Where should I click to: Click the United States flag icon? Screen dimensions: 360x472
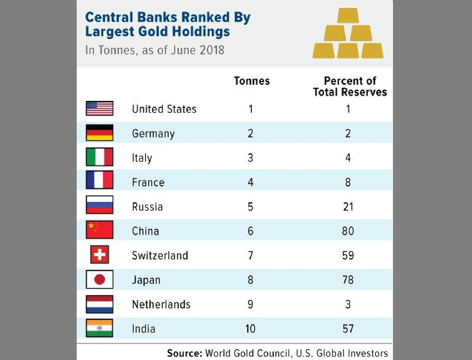click(99, 109)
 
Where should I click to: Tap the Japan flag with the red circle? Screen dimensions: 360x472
click(99, 280)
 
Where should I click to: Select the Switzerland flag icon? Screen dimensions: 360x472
click(99, 255)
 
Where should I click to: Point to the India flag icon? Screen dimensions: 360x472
click(99, 328)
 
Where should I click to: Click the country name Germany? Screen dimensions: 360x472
click(153, 133)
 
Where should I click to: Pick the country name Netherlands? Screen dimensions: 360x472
click(161, 305)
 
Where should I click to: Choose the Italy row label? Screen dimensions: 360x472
click(142, 158)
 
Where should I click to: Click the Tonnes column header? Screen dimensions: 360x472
click(252, 81)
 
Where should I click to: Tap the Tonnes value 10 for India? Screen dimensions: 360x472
click(251, 329)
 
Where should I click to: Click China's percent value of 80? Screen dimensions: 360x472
click(348, 231)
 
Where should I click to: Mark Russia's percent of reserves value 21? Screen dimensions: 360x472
click(348, 207)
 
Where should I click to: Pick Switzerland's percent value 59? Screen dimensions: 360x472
click(348, 256)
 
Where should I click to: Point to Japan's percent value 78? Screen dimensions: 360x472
click(348, 280)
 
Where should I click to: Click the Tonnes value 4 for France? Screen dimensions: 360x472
click(251, 182)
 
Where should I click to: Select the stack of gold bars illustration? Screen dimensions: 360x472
click(348, 34)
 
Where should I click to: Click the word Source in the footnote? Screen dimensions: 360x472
click(185, 354)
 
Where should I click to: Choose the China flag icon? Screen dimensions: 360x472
click(99, 231)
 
